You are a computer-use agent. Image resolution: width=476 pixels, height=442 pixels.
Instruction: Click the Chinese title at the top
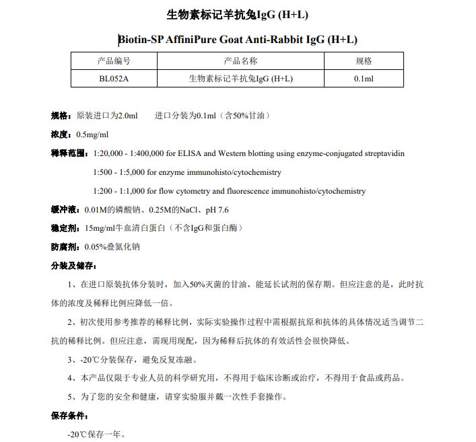pos(238,15)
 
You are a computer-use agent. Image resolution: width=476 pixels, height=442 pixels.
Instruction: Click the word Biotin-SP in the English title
pos(141,40)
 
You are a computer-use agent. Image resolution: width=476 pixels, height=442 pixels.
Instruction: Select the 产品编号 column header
pos(114,61)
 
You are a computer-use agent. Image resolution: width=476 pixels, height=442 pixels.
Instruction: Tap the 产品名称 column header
pos(240,61)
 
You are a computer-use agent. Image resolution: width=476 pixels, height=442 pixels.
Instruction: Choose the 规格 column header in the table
pos(364,61)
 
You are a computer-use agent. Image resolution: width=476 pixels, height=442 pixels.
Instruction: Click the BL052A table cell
pos(114,79)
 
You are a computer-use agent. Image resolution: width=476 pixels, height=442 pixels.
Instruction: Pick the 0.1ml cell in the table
pos(364,79)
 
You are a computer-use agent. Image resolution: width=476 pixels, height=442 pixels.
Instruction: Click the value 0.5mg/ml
pos(92,134)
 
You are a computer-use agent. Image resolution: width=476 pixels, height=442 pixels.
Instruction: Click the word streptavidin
pos(383,153)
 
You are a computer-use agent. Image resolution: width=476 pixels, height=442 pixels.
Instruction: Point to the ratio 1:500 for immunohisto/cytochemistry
pos(104,172)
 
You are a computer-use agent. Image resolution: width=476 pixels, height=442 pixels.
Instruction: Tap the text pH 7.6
pos(213,210)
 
